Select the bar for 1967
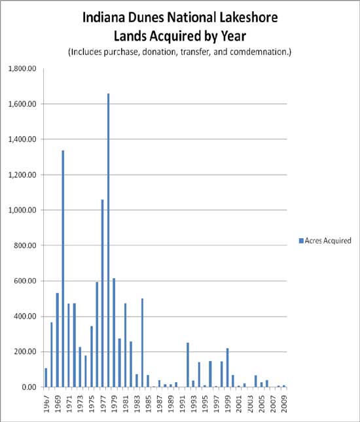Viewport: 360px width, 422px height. click(46, 378)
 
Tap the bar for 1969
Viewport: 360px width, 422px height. click(57, 340)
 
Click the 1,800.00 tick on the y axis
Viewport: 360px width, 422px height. click(22, 68)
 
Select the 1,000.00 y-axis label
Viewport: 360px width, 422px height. click(22, 210)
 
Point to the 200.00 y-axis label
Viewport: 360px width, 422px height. click(25, 352)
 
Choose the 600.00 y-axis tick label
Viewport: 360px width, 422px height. click(25, 281)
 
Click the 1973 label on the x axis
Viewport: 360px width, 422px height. click(80, 401)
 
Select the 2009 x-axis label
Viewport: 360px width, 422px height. click(284, 401)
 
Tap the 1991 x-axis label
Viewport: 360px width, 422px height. click(182, 401)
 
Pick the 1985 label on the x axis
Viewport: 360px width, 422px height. click(148, 401)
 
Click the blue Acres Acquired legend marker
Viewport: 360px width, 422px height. click(300, 241)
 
